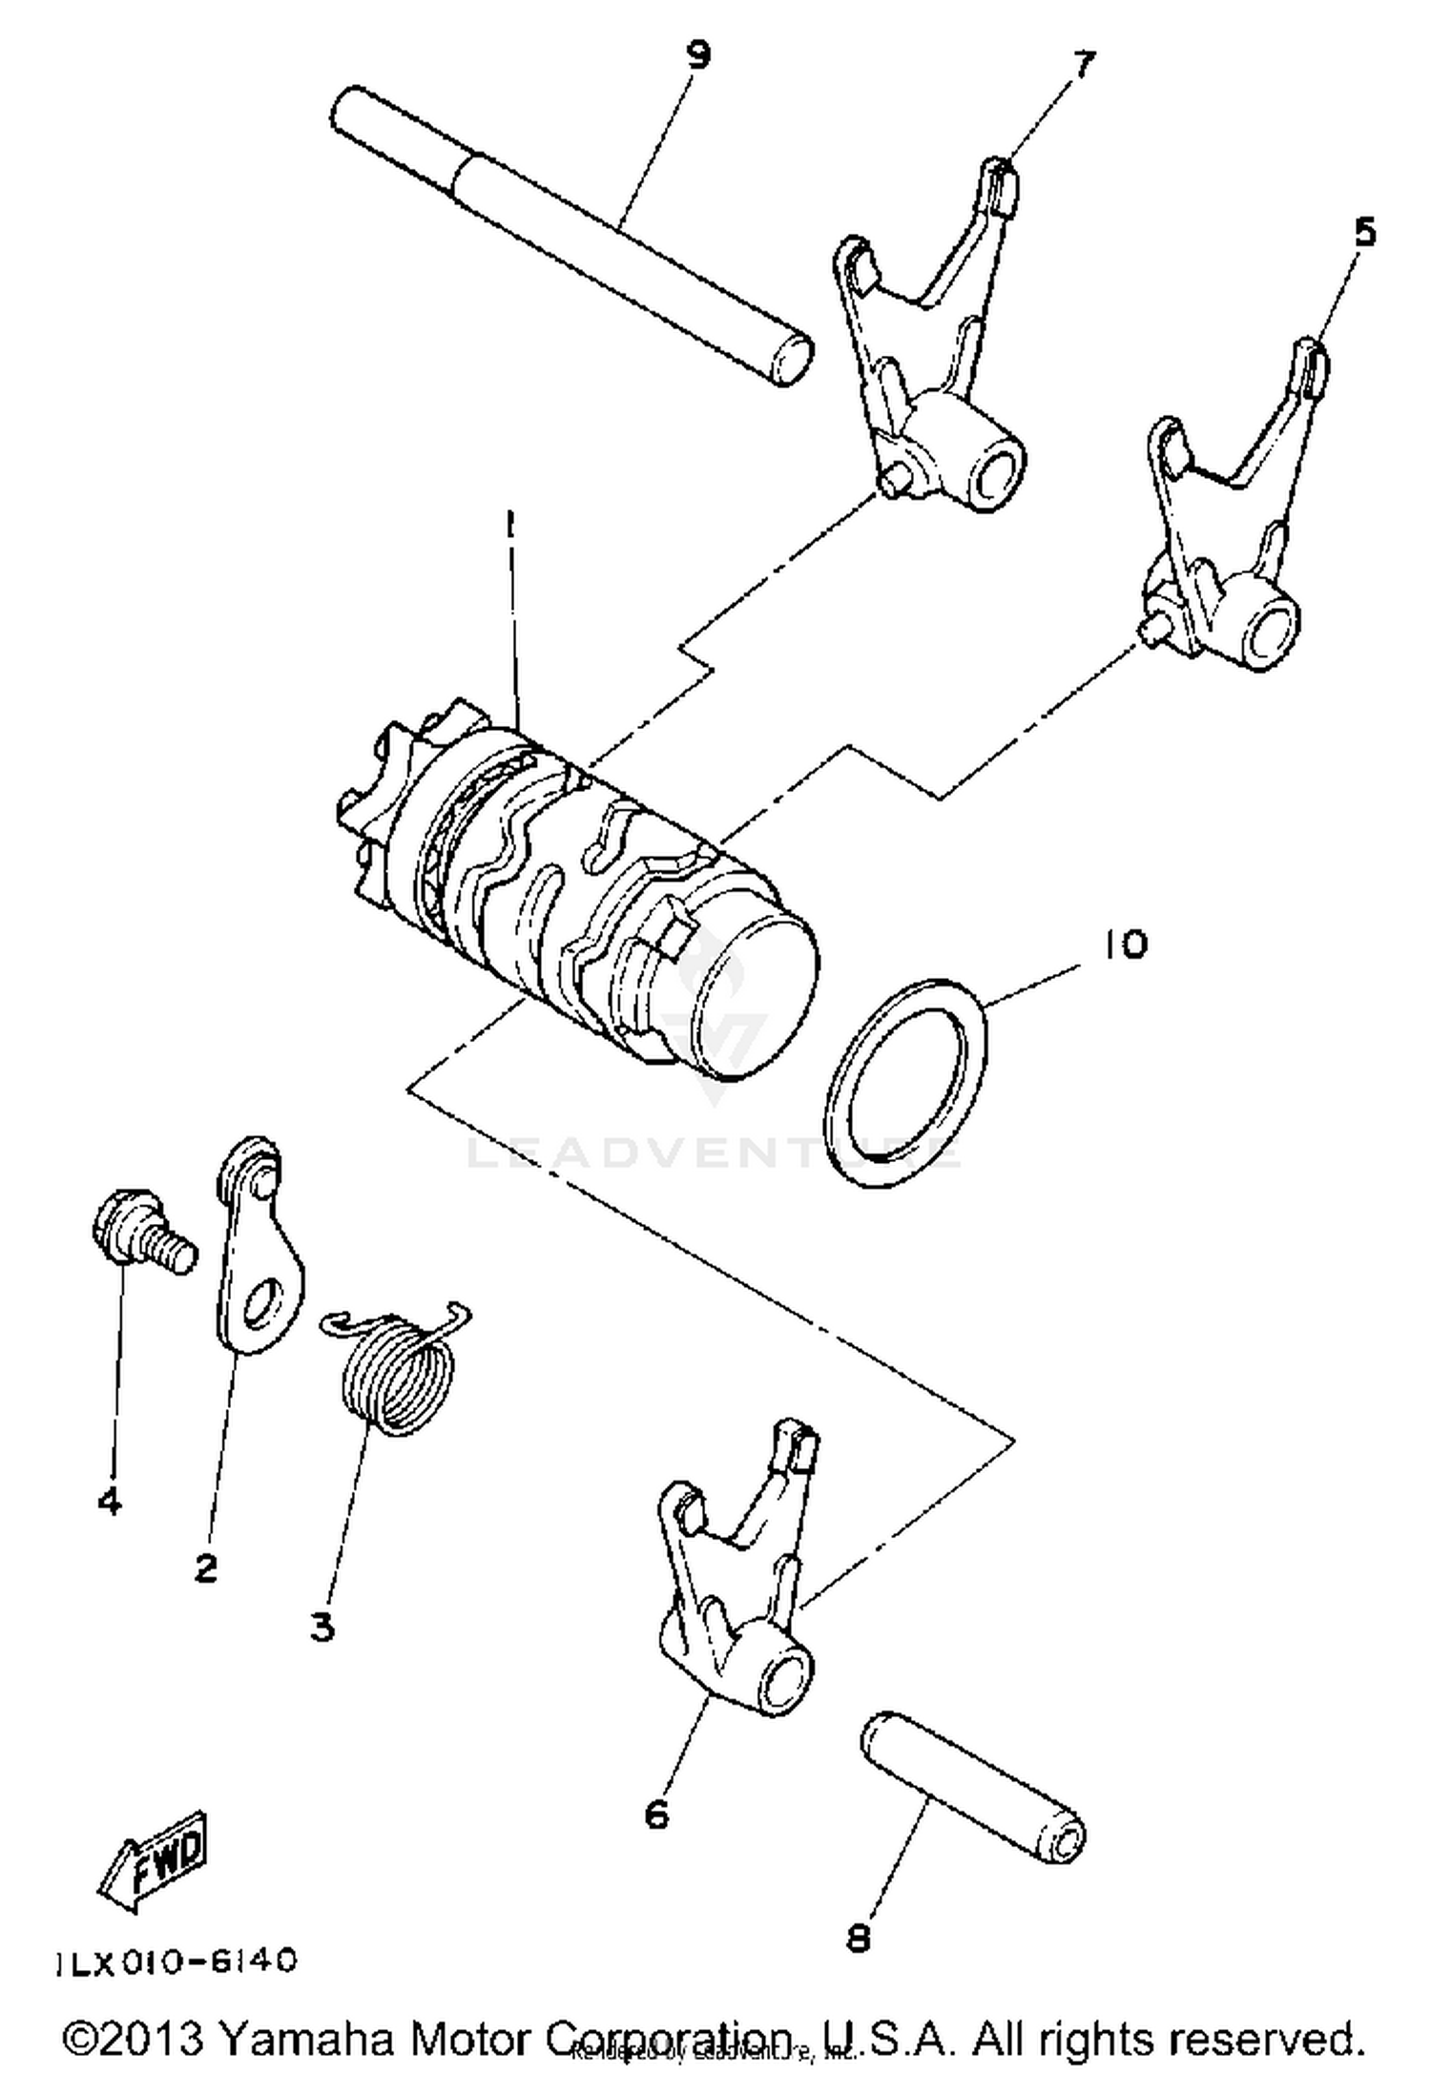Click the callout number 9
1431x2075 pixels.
pyautogui.click(x=698, y=55)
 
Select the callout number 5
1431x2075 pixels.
pyautogui.click(x=1365, y=232)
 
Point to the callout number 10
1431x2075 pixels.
pyautogui.click(x=1126, y=944)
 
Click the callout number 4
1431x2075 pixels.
pyautogui.click(x=110, y=1502)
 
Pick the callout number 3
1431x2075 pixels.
pyautogui.click(x=322, y=1627)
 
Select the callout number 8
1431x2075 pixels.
pyautogui.click(x=859, y=1938)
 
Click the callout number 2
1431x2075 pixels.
pyautogui.click(x=206, y=1567)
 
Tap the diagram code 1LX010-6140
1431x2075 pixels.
pyautogui.click(x=176, y=1961)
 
